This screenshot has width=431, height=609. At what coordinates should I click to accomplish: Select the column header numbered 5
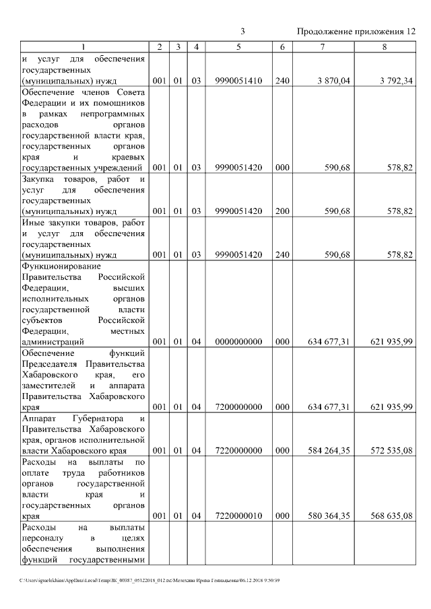coord(238,47)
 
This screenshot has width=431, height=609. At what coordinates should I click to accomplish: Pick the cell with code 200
coord(282,211)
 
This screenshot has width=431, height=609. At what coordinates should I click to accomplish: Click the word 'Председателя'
coord(51,363)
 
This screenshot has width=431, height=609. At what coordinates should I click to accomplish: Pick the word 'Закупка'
coord(40,179)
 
